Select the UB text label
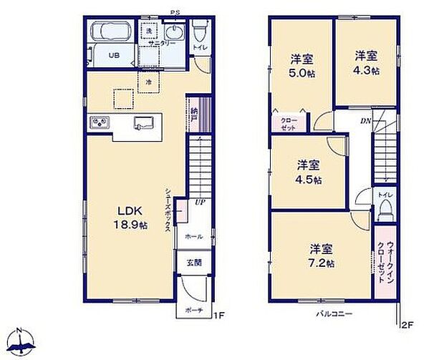click(x=114, y=55)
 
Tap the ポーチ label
click(x=192, y=310)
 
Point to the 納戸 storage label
click(x=195, y=115)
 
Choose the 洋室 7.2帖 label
click(x=322, y=255)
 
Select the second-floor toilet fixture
click(x=385, y=208)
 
